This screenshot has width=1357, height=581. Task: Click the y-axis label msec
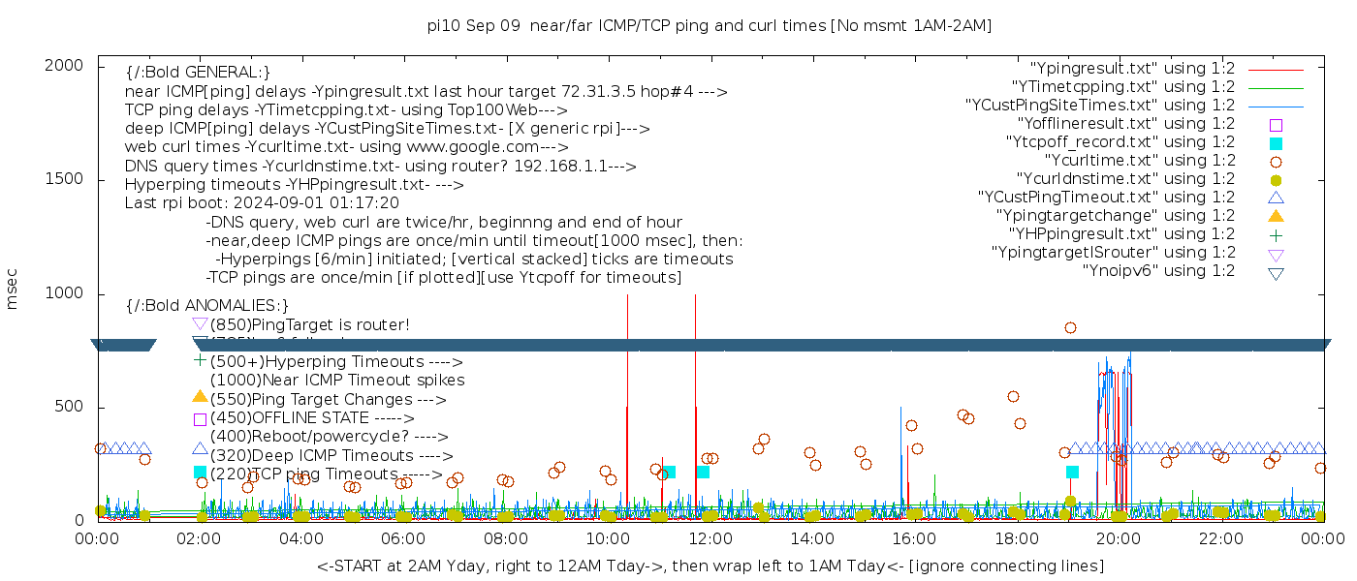point(13,290)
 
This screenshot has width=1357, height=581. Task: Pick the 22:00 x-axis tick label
point(1218,537)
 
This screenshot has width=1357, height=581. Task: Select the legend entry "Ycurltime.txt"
point(1140,161)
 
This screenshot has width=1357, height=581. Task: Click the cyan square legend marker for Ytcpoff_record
point(1276,143)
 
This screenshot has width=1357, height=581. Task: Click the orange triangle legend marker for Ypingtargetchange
point(1276,216)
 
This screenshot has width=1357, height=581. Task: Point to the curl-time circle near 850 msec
point(1070,328)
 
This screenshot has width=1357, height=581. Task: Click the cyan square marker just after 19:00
point(1072,472)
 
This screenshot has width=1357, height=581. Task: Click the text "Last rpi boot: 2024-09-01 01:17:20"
point(262,203)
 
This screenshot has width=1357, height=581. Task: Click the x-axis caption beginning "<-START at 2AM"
point(710,566)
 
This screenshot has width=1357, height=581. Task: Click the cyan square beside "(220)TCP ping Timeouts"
point(200,473)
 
